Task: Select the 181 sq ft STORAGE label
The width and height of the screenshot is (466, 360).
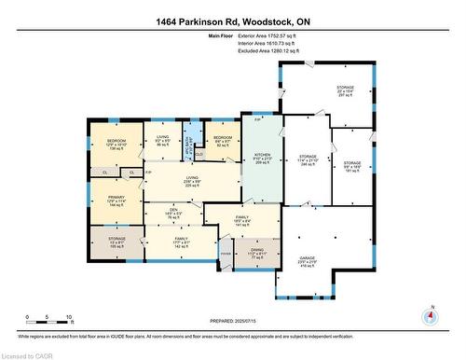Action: (352, 164)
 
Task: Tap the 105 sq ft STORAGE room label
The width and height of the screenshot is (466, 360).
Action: (116, 243)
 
